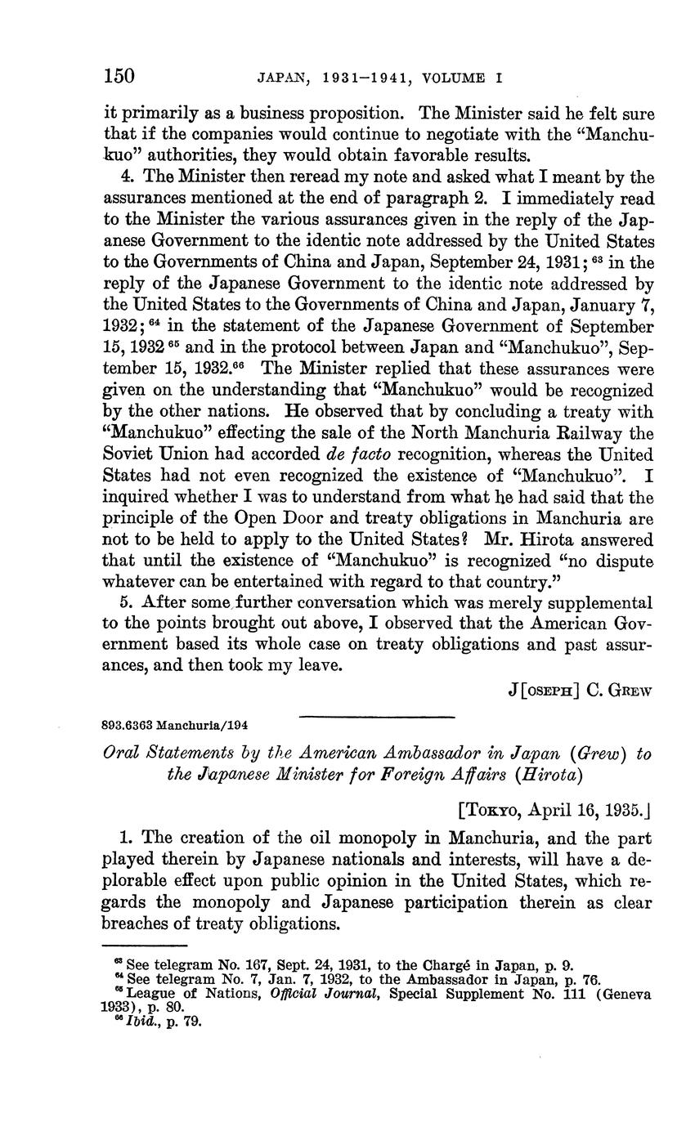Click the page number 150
tap(119, 77)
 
